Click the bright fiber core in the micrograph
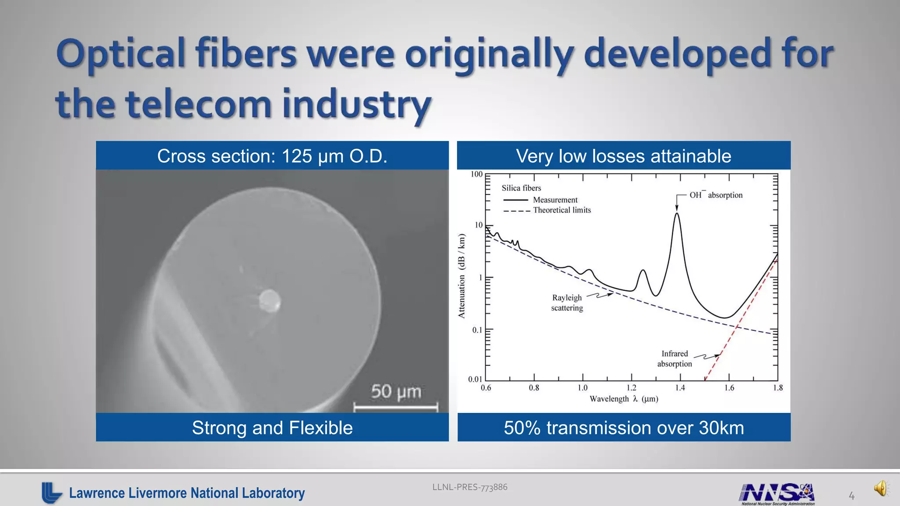pos(269,300)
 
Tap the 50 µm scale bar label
pos(396,391)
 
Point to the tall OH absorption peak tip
pos(677,214)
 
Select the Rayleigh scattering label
pos(567,303)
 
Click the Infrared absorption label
pos(675,358)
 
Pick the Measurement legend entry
pos(555,200)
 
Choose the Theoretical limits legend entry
pos(562,210)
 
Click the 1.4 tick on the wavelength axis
pos(680,387)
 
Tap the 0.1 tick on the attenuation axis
pos(477,330)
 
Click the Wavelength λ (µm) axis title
pos(624,399)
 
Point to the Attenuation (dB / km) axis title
pos(461,276)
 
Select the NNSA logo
pos(777,493)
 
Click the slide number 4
pos(852,496)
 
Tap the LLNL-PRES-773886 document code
pos(470,487)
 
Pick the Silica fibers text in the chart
pos(521,188)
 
